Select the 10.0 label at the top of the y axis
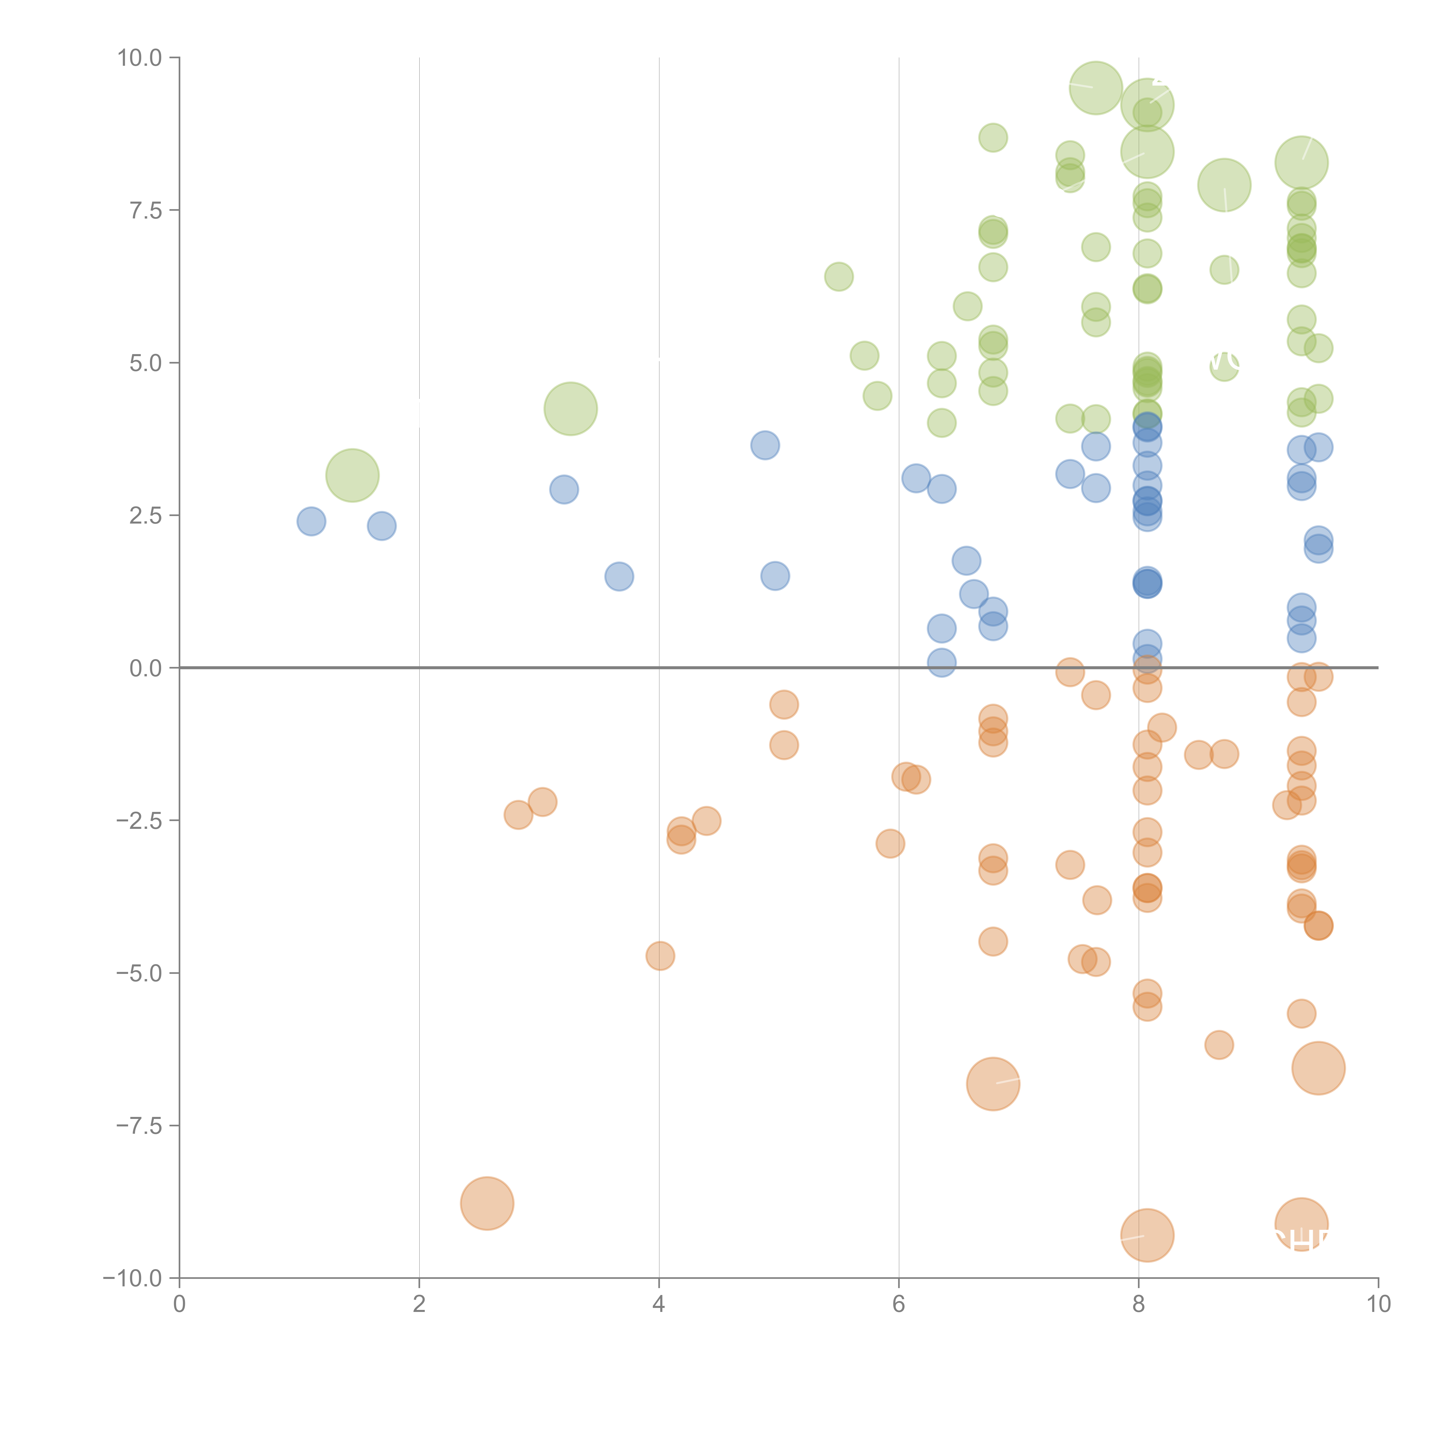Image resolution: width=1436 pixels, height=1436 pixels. click(x=139, y=58)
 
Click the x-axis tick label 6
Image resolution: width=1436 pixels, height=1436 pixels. click(x=899, y=1304)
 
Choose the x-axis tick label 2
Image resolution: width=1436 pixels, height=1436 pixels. click(x=419, y=1304)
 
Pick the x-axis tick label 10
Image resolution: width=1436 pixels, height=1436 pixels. click(x=1378, y=1304)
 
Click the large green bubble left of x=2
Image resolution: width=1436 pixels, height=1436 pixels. click(x=352, y=476)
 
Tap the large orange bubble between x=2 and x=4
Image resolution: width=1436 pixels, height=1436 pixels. click(x=487, y=1203)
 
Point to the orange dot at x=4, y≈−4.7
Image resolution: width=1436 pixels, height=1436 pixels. click(x=660, y=956)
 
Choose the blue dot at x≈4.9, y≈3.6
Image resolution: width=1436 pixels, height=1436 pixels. click(x=765, y=445)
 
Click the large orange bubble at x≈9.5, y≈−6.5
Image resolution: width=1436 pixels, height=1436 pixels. click(x=1318, y=1068)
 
